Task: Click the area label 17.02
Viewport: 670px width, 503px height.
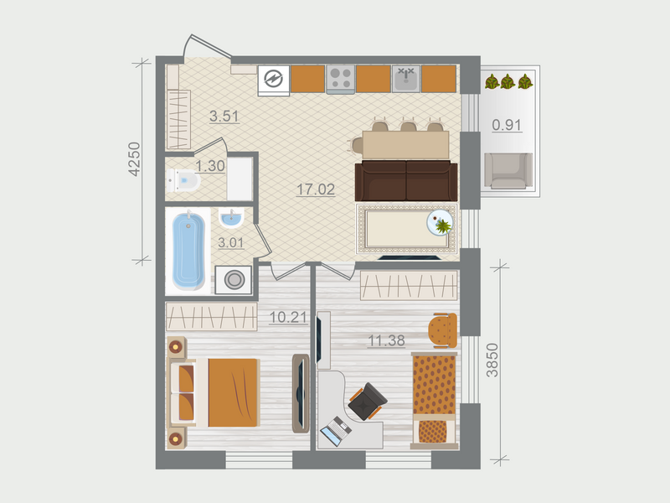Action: point(316,189)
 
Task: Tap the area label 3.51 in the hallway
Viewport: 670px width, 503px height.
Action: point(225,117)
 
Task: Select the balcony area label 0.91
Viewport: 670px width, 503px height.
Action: point(507,126)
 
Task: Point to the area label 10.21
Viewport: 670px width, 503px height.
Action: point(284,318)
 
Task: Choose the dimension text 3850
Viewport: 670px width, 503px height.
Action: point(492,360)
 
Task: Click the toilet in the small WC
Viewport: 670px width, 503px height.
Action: point(183,179)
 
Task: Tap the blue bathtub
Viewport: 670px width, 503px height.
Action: point(188,249)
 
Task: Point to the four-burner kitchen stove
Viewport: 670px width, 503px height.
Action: point(340,79)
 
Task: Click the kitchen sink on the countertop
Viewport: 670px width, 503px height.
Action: point(406,79)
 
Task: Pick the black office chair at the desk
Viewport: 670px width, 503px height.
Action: point(365,403)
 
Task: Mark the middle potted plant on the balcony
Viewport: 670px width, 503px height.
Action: point(508,81)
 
